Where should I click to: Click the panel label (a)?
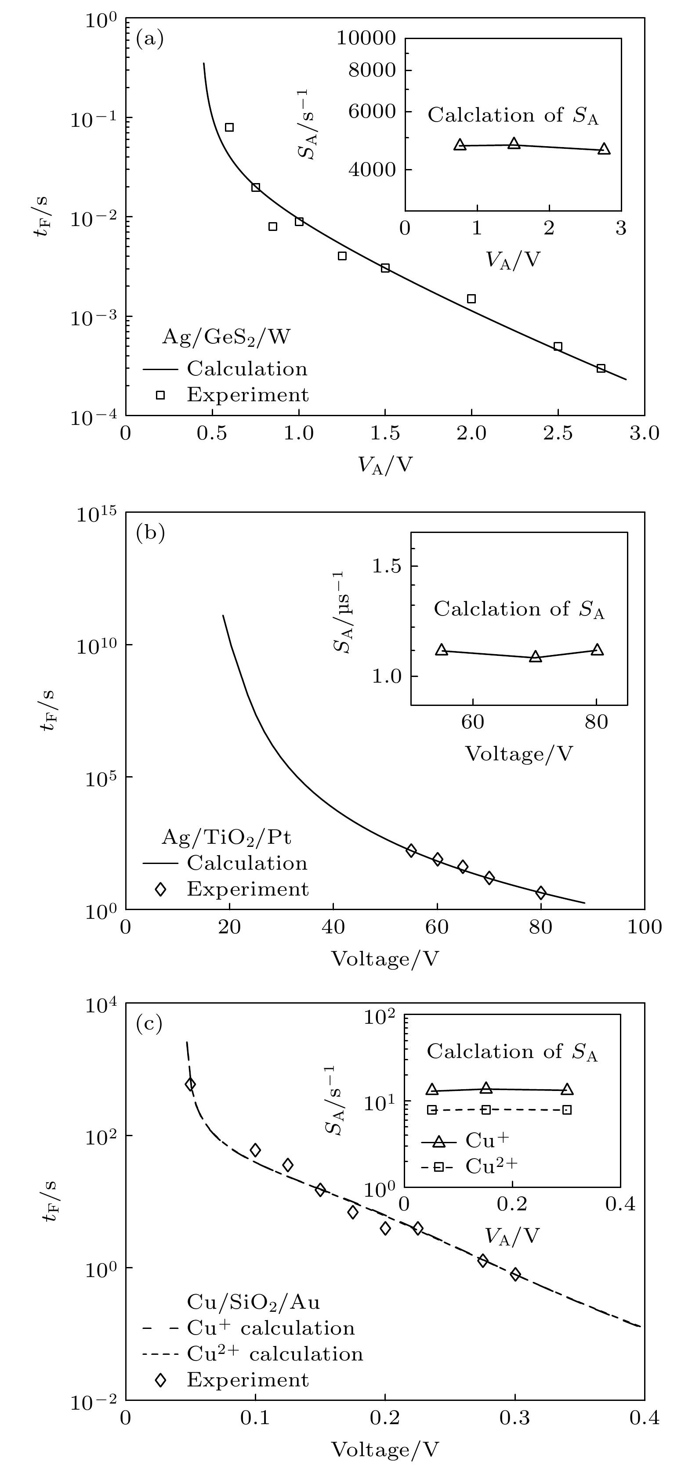(150, 39)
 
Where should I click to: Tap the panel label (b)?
(150, 533)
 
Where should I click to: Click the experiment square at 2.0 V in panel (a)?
(471, 299)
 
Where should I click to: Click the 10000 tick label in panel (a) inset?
(366, 38)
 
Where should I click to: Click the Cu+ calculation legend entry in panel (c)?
(270, 1328)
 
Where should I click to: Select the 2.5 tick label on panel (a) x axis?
(557, 433)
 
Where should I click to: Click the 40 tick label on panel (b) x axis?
(333, 927)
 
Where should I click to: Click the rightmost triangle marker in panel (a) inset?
(604, 149)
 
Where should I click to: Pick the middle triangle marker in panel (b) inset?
(535, 657)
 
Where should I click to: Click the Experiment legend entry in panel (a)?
(247, 395)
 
